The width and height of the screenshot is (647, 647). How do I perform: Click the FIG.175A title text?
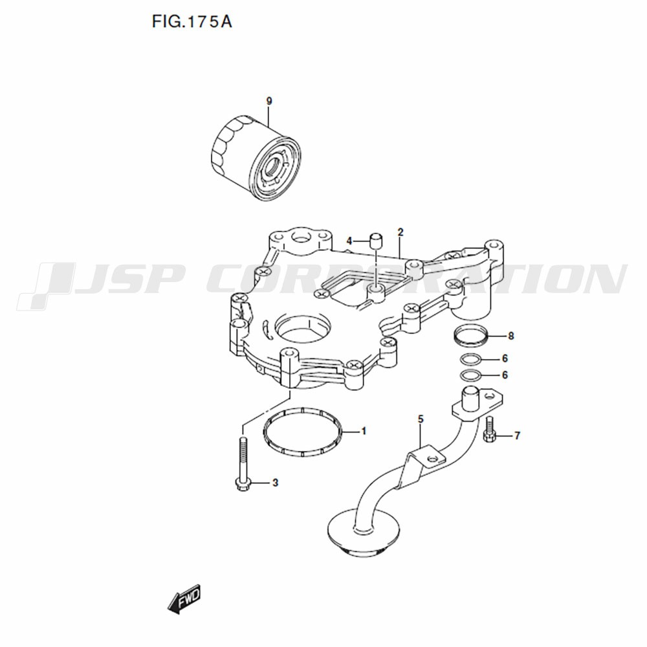click(x=192, y=21)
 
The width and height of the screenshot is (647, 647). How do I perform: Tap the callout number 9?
click(x=269, y=101)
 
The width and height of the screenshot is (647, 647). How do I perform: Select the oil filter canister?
click(x=256, y=159)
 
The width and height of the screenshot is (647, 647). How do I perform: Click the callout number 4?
click(x=349, y=241)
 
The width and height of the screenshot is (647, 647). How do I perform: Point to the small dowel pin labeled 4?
click(x=375, y=241)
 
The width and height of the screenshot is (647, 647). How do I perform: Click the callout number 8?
click(x=511, y=336)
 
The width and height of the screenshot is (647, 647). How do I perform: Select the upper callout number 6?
click(x=505, y=358)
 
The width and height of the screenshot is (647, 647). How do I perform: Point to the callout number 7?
click(x=518, y=435)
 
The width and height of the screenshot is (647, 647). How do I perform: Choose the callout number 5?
click(x=421, y=419)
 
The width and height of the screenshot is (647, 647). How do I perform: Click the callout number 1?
click(x=364, y=431)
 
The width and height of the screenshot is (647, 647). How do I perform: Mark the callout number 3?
click(x=275, y=483)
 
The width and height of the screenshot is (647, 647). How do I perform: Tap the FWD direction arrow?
click(x=184, y=598)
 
